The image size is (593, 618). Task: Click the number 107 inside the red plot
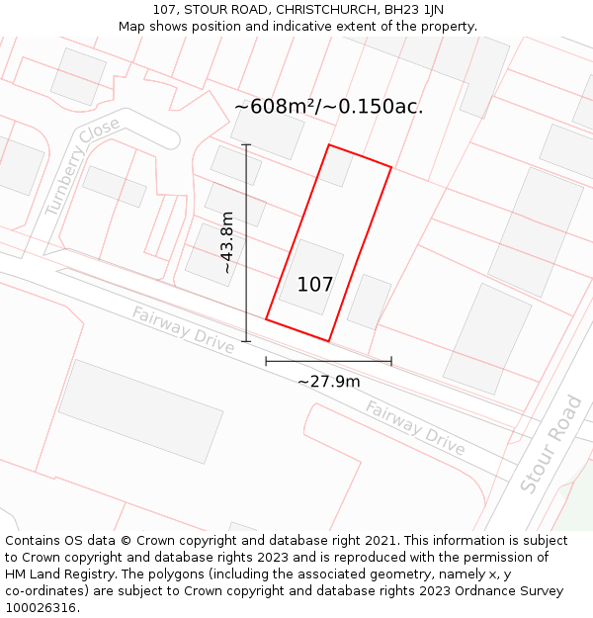(315, 285)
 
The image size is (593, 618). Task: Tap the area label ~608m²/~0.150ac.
(329, 107)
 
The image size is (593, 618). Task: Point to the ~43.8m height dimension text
(227, 242)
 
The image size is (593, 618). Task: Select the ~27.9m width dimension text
(329, 381)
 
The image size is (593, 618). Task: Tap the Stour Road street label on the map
(550, 444)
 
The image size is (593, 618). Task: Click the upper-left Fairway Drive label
(183, 330)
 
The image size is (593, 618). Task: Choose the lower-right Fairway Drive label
(415, 427)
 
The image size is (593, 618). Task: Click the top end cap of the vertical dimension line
(246, 145)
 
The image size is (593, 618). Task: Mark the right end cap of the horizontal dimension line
(391, 362)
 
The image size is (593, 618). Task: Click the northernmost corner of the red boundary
(329, 145)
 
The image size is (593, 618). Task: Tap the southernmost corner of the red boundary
(328, 341)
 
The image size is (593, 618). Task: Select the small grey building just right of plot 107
(369, 302)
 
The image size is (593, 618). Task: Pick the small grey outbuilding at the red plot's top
(336, 166)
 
